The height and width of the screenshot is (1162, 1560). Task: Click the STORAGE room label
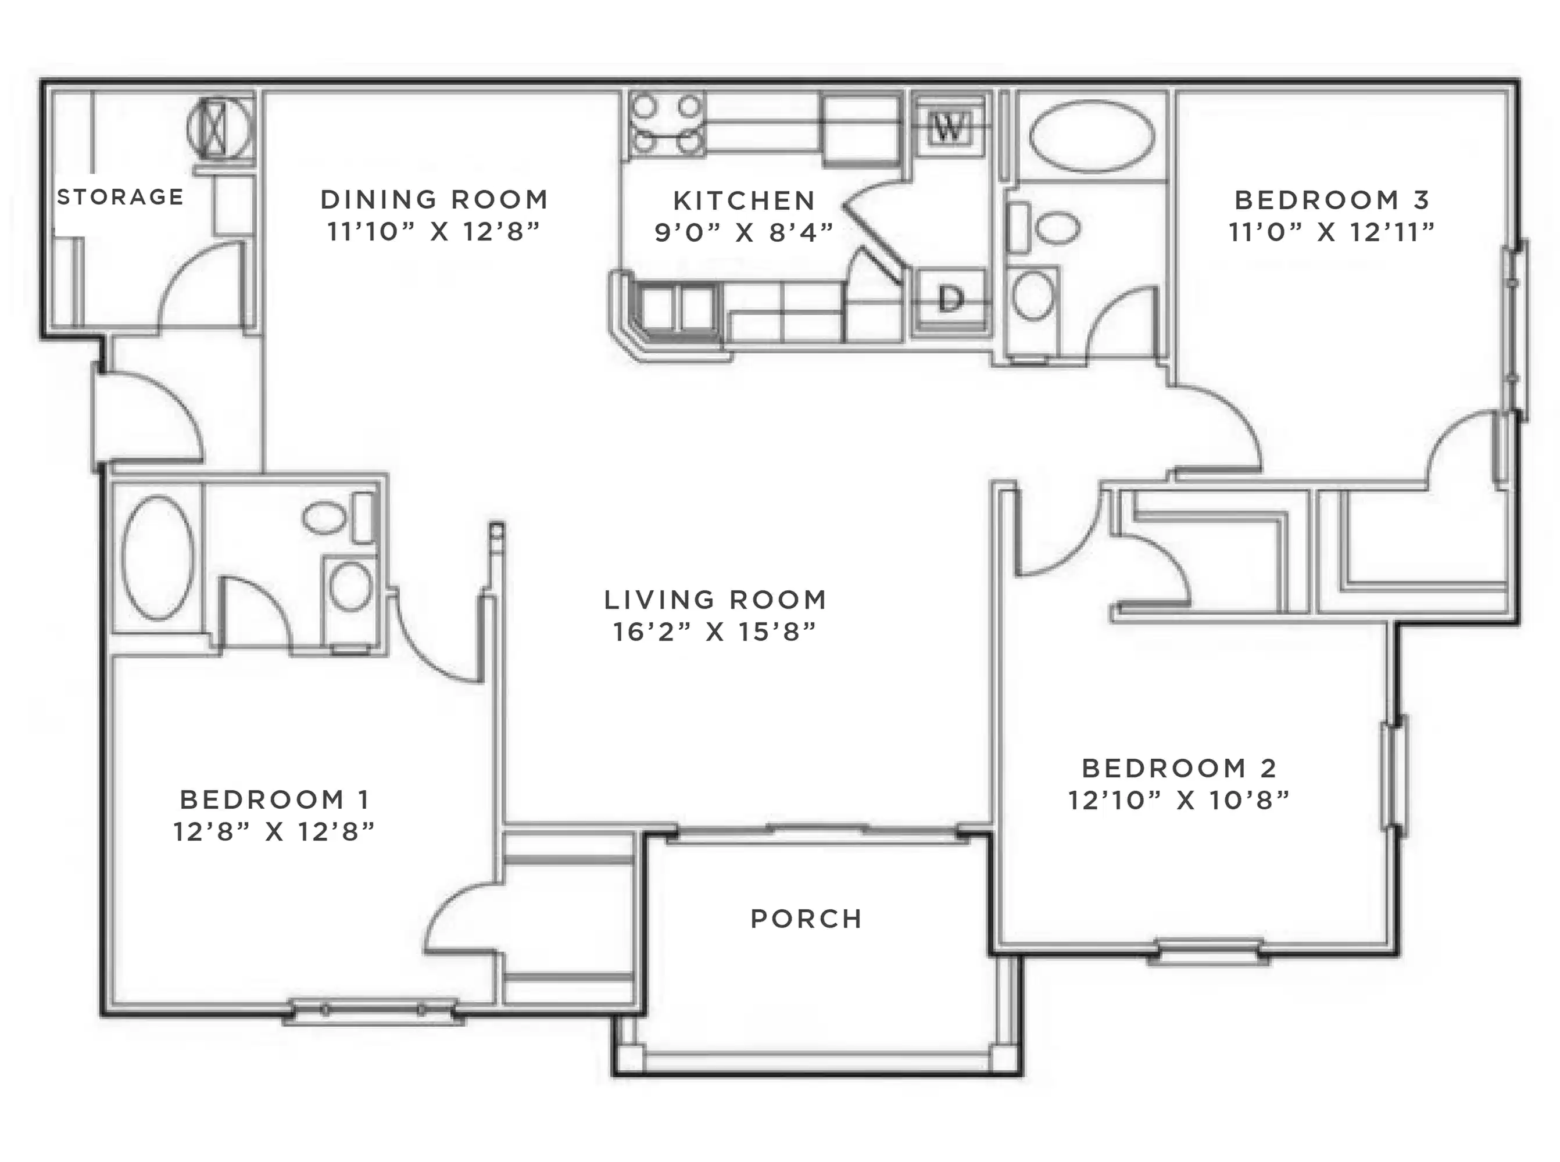click(x=120, y=197)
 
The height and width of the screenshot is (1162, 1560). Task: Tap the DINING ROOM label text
click(x=434, y=200)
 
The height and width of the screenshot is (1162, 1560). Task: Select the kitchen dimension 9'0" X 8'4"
click(x=744, y=233)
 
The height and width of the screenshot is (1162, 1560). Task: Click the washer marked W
click(x=949, y=128)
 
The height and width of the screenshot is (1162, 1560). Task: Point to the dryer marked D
click(x=949, y=300)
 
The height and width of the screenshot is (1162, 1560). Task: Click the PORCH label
click(x=806, y=919)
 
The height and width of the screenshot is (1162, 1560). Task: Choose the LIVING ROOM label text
click(x=715, y=600)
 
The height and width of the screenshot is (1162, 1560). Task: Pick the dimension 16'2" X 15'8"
click(x=714, y=632)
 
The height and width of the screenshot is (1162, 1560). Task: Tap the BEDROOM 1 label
click(x=274, y=800)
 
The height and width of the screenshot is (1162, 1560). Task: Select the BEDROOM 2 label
click(x=1179, y=768)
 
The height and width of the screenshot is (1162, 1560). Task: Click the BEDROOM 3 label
click(x=1332, y=200)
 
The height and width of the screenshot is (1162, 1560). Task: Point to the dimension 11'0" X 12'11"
click(x=1332, y=232)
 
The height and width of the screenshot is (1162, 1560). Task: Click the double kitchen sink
click(x=677, y=307)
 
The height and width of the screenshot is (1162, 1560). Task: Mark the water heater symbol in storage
click(x=220, y=129)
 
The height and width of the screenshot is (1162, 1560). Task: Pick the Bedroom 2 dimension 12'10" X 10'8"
click(x=1179, y=801)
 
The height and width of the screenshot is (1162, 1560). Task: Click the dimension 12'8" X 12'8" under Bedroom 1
click(x=274, y=832)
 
